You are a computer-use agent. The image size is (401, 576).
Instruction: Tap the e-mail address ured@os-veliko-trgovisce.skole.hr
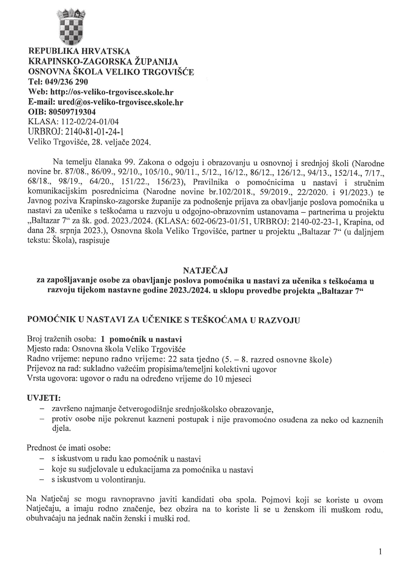point(119,102)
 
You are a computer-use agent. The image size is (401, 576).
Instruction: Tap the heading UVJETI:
point(44,398)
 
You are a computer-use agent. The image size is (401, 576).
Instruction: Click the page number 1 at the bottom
point(380,552)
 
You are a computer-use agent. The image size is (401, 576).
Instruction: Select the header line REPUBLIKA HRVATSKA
point(79,51)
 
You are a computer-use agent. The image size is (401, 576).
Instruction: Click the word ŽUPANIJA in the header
point(154,61)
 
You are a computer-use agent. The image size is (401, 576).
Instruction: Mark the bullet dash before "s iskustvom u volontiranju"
point(42,480)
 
